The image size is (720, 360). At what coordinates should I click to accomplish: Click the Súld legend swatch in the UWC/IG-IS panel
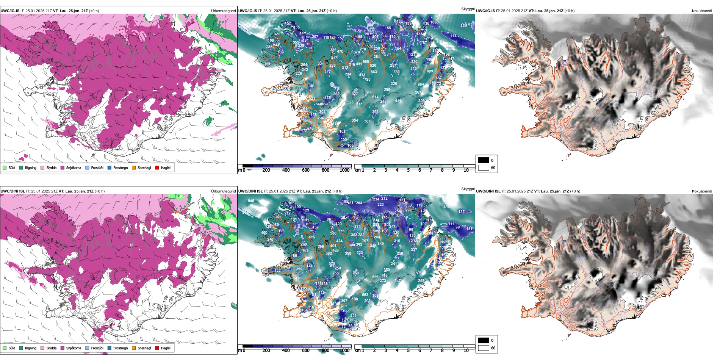(x=5, y=167)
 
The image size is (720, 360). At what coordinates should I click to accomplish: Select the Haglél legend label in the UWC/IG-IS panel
(x=166, y=167)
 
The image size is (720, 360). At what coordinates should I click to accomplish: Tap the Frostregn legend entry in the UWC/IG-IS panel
(x=121, y=167)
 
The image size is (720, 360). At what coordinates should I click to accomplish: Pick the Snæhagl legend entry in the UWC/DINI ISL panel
(x=144, y=348)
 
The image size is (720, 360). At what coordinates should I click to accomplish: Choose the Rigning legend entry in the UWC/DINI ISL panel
(x=30, y=348)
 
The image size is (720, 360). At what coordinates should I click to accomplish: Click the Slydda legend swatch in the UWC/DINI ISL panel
(x=42, y=348)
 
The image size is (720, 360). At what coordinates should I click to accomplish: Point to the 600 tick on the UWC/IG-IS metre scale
(x=306, y=170)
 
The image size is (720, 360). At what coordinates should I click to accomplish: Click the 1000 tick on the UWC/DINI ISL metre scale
(x=344, y=351)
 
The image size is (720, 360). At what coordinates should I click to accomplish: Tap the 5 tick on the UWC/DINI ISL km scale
(x=409, y=351)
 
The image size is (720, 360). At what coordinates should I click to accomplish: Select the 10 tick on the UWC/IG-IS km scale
(x=466, y=170)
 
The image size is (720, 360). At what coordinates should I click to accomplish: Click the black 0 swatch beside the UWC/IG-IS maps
(x=484, y=160)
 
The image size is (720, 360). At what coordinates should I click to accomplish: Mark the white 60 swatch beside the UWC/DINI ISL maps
(x=484, y=348)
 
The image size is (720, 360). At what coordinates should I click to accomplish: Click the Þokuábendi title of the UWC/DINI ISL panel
(x=702, y=191)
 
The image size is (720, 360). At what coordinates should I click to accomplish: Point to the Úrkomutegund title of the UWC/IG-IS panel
(x=223, y=11)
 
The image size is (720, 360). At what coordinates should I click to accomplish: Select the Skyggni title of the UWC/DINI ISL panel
(x=468, y=189)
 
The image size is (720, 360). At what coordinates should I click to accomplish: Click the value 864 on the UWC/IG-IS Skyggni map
(x=421, y=85)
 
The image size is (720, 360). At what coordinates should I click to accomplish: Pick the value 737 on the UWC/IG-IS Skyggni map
(x=359, y=104)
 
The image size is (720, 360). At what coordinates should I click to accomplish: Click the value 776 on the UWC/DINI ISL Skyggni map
(x=341, y=231)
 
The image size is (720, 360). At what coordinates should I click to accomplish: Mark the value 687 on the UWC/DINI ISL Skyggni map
(x=363, y=279)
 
